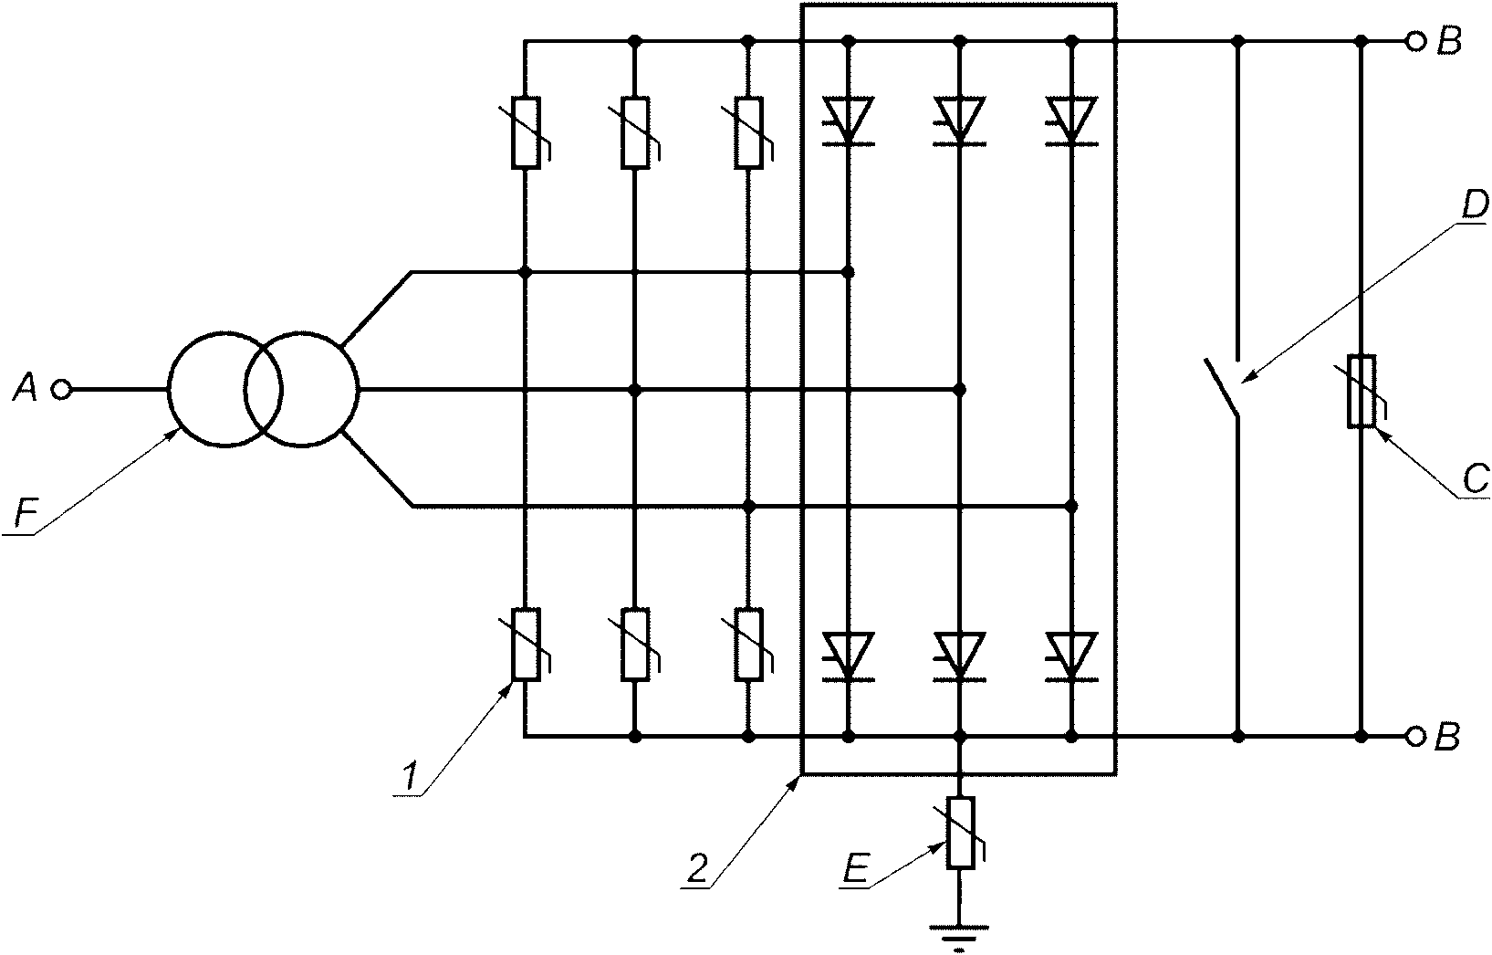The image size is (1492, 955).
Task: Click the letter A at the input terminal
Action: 26,388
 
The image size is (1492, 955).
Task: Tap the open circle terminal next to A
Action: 61,389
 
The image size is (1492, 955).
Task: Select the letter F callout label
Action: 26,515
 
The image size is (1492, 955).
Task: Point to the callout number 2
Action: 696,868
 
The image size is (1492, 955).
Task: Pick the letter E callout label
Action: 855,868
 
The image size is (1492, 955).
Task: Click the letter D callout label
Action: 1474,206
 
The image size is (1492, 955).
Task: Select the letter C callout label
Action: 1476,477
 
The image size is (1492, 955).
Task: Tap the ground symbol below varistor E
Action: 960,936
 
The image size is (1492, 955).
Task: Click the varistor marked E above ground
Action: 961,833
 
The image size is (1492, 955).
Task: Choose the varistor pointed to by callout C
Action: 1362,391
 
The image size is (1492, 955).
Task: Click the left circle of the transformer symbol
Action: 225,389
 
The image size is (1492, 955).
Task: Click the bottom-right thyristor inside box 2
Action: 1071,656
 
